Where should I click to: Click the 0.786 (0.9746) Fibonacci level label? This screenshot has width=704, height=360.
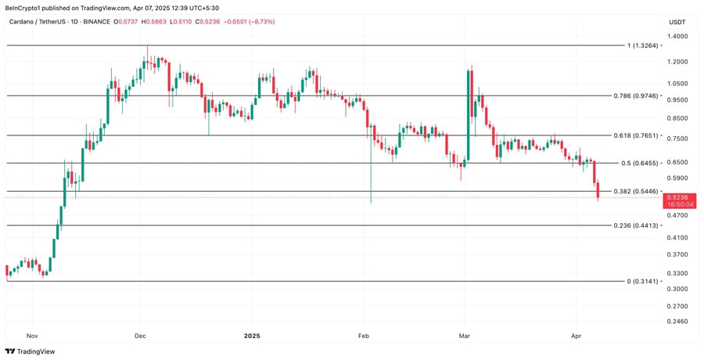click(x=634, y=96)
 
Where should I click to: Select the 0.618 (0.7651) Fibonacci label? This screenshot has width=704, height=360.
click(x=634, y=135)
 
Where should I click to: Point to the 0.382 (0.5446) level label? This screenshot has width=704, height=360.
click(x=634, y=191)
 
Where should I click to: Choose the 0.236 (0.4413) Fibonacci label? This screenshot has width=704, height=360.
click(x=634, y=225)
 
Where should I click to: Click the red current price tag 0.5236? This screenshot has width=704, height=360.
click(x=678, y=197)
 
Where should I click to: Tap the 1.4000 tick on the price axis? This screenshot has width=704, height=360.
click(x=677, y=37)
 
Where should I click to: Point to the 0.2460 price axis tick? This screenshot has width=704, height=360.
click(x=677, y=321)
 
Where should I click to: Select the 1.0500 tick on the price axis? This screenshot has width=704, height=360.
click(x=677, y=84)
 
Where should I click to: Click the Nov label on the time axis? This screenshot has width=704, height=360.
click(x=31, y=335)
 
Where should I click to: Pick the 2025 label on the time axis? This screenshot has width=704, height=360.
click(x=251, y=335)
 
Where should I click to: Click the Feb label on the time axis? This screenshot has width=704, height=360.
click(x=363, y=335)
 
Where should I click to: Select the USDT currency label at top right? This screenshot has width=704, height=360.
click(x=677, y=21)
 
